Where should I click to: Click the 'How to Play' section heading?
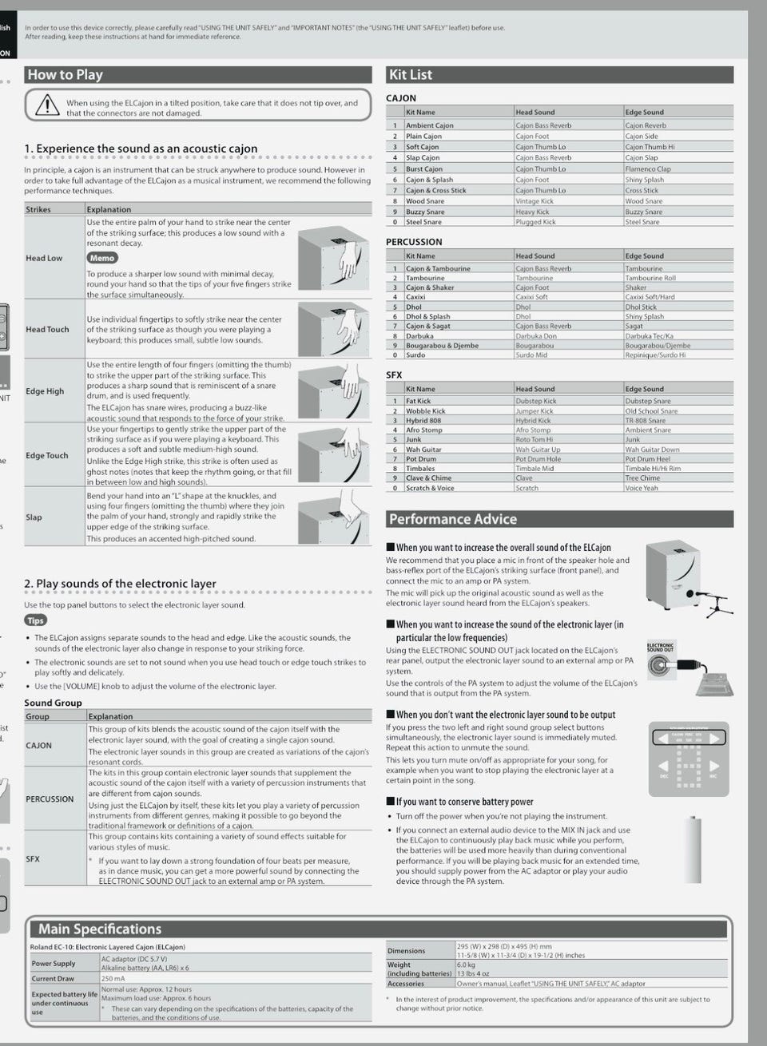(66, 75)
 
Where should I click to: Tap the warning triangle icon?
(48, 105)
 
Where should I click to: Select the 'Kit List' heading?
(410, 75)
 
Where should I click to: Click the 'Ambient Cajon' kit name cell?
(430, 125)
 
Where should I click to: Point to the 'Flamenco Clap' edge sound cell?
(648, 169)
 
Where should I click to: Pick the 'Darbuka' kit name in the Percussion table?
(419, 336)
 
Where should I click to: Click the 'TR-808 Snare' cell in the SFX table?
(646, 421)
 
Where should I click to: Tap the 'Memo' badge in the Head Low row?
(102, 259)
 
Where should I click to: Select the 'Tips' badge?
(36, 620)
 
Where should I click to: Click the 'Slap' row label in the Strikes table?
(34, 517)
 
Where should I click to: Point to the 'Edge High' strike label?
(45, 391)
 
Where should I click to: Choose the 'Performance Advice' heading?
(452, 519)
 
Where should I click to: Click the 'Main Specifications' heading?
(100, 929)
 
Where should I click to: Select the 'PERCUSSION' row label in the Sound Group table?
(50, 799)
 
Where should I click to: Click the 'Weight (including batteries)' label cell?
(419, 969)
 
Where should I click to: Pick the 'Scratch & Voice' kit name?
(430, 488)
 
